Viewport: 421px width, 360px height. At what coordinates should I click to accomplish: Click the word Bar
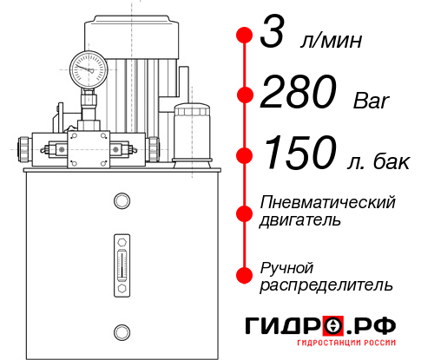(372, 101)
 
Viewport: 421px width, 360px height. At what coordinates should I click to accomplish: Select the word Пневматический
(328, 202)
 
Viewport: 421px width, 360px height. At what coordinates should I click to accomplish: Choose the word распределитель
(326, 285)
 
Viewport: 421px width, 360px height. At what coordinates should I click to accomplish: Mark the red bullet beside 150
(246, 156)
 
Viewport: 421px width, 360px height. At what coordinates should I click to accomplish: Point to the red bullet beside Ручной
(246, 274)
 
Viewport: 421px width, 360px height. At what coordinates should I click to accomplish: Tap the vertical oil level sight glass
(121, 259)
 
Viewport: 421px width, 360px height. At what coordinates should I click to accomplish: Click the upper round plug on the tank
(121, 201)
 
